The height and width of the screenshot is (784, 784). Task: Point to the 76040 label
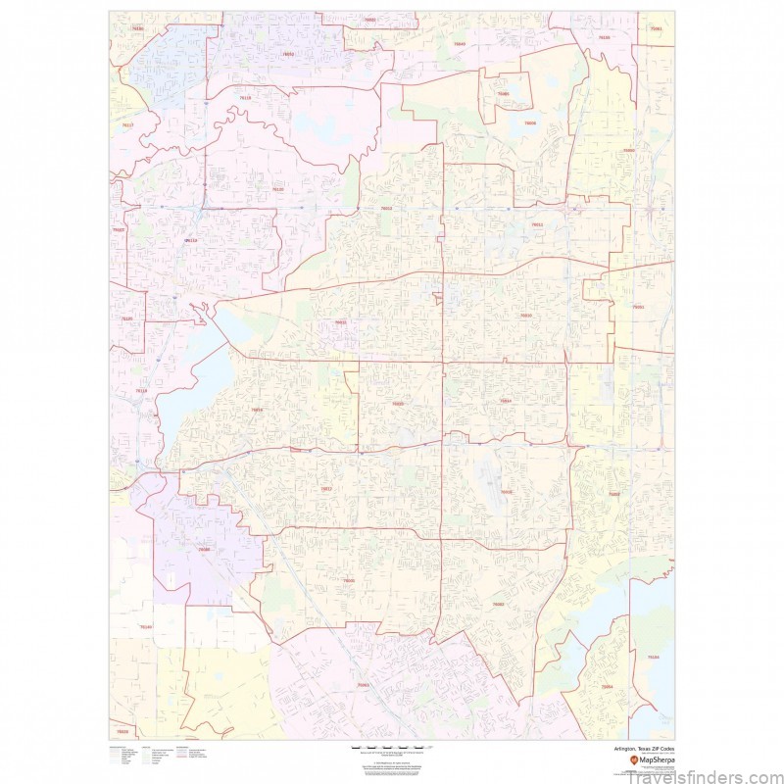[460, 44]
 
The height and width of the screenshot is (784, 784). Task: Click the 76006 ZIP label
[530, 123]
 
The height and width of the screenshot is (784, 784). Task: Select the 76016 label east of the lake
[257, 410]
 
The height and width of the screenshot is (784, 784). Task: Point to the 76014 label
[506, 401]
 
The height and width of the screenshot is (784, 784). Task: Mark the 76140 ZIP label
[146, 626]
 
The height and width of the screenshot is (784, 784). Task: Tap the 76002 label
[498, 605]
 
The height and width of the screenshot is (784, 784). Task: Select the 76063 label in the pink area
[363, 685]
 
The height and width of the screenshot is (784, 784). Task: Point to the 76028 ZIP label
[122, 731]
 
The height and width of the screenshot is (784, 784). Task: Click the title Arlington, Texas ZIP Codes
[641, 749]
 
